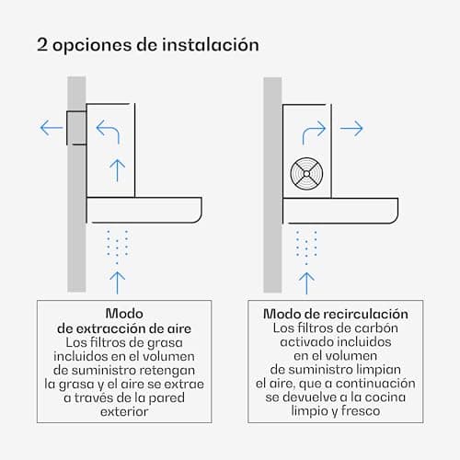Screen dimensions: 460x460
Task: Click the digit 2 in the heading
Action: click(42, 44)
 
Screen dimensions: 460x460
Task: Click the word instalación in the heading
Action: click(211, 44)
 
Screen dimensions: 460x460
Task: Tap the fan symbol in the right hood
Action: click(306, 174)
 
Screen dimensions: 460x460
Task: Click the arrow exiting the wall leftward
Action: click(52, 128)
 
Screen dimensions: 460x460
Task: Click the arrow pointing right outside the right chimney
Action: click(351, 129)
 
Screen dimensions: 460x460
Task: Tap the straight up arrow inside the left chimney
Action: click(117, 170)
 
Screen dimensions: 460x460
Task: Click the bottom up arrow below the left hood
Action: click(117, 282)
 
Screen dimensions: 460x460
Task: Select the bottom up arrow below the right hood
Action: click(306, 283)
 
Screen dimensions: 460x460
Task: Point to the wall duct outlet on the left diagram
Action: click(76, 128)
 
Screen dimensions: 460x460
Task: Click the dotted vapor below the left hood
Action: click(117, 247)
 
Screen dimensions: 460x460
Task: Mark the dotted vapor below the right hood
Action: click(306, 247)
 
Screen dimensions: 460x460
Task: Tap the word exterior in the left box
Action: click(124, 411)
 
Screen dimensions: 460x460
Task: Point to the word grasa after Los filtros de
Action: click(165, 343)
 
